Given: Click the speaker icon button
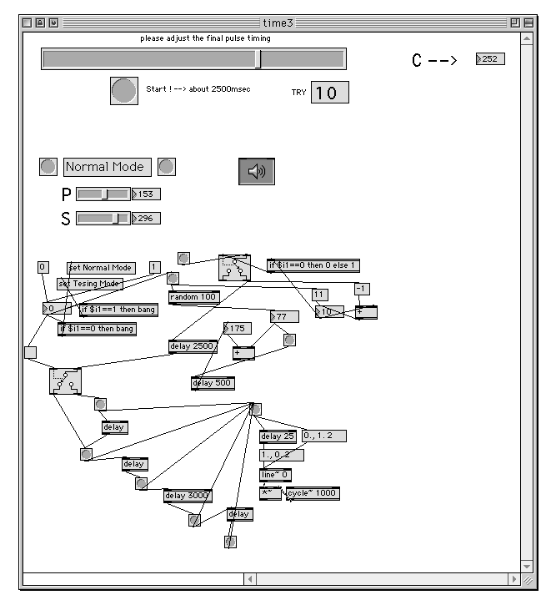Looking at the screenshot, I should click(257, 171).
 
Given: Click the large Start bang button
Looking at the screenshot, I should click(124, 90).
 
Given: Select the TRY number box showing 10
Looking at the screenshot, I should click(329, 93).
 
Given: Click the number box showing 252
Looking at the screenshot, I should click(491, 59).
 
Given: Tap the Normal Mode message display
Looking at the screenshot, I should click(108, 167).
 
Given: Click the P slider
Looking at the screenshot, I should click(103, 194).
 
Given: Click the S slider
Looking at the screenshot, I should click(103, 219).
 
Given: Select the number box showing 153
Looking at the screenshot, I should click(147, 194).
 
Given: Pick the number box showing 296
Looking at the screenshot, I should click(147, 219).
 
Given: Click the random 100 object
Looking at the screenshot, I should click(193, 297).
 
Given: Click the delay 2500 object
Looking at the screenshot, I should click(193, 346).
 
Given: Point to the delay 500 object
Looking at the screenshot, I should click(213, 384).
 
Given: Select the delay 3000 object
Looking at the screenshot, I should click(187, 496).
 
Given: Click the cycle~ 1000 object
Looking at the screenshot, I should click(313, 493).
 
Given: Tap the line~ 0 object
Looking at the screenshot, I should click(275, 475).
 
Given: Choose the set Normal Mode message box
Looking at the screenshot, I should click(100, 268).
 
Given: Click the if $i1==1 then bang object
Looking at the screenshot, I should click(117, 310).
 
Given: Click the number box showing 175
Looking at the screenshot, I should click(238, 329).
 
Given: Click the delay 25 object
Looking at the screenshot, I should click(278, 436).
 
